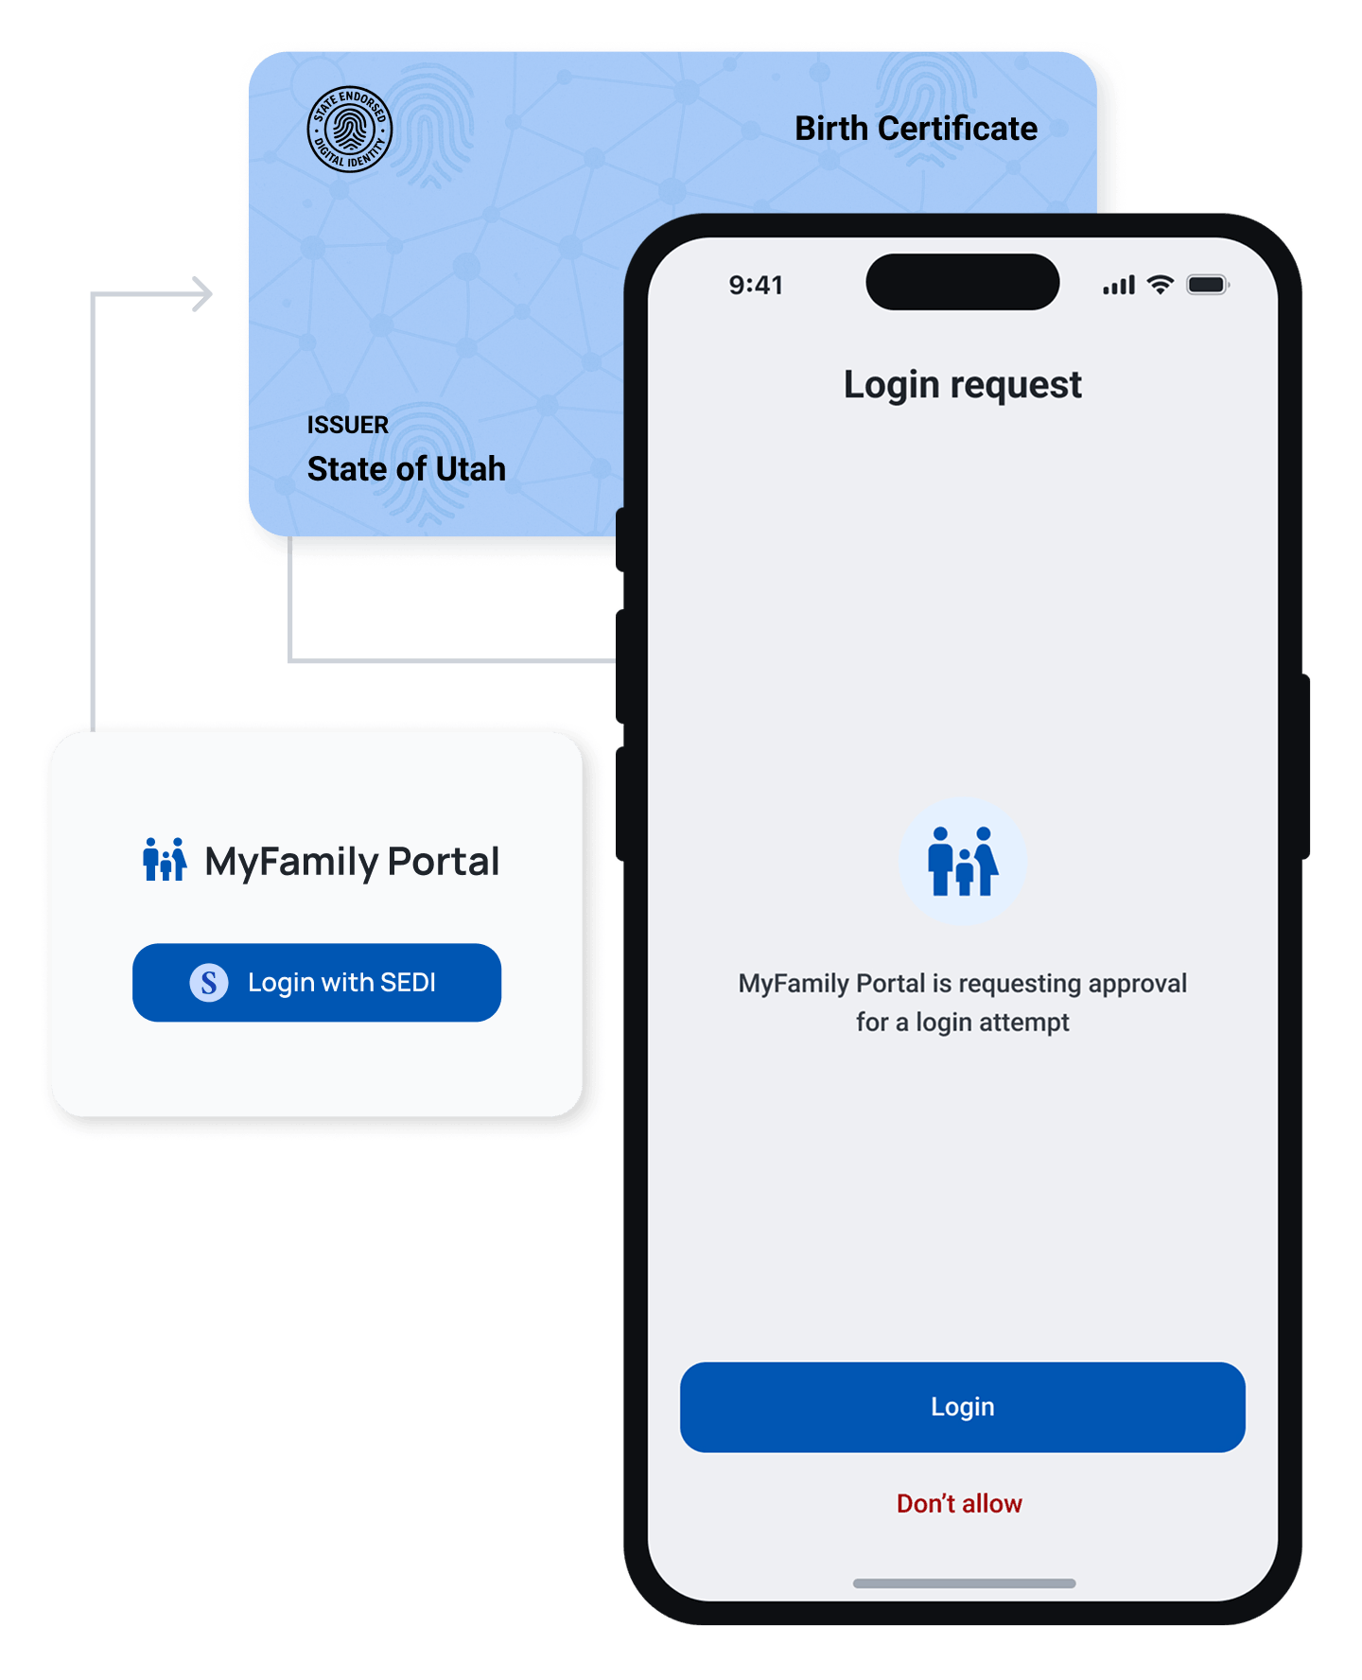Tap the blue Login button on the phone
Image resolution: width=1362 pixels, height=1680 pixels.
point(962,1407)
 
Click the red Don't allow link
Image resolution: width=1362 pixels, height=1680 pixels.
point(959,1503)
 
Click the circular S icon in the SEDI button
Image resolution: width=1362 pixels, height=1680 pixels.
point(209,983)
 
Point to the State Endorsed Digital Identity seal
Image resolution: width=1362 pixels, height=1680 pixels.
point(350,130)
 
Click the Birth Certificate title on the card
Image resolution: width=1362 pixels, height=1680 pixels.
point(916,129)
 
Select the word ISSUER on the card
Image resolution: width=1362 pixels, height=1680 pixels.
point(347,425)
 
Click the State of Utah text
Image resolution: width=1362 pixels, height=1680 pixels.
point(407,469)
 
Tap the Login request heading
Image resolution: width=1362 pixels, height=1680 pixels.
point(962,385)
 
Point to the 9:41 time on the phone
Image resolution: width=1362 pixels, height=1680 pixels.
point(756,285)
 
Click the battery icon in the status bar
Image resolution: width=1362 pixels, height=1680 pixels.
point(1208,285)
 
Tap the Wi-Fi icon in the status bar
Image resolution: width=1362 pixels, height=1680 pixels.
point(1161,284)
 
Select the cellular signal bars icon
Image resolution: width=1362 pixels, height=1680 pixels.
point(1119,285)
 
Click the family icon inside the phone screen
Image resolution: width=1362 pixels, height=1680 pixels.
point(962,861)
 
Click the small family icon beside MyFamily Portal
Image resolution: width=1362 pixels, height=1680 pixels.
point(165,859)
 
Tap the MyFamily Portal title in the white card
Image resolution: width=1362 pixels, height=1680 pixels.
point(352,862)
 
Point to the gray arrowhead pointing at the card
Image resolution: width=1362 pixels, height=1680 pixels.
point(202,293)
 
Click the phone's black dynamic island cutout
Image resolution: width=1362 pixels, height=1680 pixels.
point(962,282)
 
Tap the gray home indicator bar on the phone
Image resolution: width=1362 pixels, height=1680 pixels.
point(964,1584)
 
